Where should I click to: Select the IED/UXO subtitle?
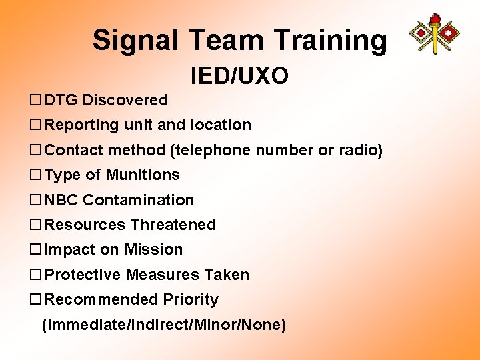tap(239, 76)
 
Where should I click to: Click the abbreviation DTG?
tap(61, 100)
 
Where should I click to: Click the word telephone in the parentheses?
tap(204, 150)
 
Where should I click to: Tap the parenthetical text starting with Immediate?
tap(164, 325)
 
